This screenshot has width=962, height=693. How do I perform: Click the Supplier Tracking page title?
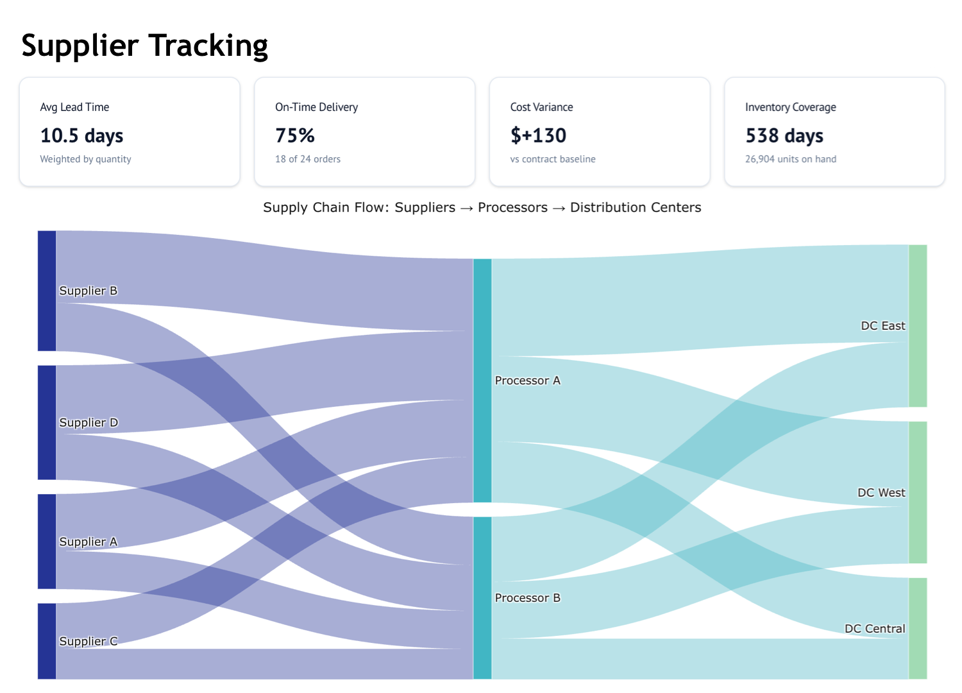[x=144, y=46]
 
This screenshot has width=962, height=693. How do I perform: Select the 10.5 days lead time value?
[x=81, y=135]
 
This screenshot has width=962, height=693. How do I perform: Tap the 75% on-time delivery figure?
[x=295, y=135]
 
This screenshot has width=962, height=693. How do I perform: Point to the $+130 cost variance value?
[x=538, y=135]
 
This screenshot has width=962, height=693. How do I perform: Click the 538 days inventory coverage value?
[x=784, y=135]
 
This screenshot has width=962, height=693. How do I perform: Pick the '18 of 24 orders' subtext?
[x=308, y=159]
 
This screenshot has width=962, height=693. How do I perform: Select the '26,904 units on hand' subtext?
[x=790, y=159]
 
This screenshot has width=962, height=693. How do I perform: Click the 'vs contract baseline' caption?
[x=553, y=159]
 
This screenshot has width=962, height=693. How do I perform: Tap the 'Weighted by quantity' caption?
[x=85, y=159]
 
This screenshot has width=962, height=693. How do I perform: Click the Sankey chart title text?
[x=482, y=207]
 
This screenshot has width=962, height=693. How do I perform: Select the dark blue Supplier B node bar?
[x=47, y=291]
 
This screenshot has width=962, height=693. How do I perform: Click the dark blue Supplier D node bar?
[x=47, y=422]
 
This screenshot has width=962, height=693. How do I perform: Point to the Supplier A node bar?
[x=47, y=541]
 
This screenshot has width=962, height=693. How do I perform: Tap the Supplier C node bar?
[x=47, y=640]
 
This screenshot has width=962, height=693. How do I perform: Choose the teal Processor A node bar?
[x=482, y=381]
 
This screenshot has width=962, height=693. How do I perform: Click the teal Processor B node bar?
[x=482, y=597]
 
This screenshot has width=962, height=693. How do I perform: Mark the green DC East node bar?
[x=918, y=325]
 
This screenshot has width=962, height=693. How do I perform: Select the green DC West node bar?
[x=918, y=492]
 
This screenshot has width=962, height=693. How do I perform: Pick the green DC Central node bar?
[x=918, y=628]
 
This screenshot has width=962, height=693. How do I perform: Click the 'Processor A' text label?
[x=527, y=381]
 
